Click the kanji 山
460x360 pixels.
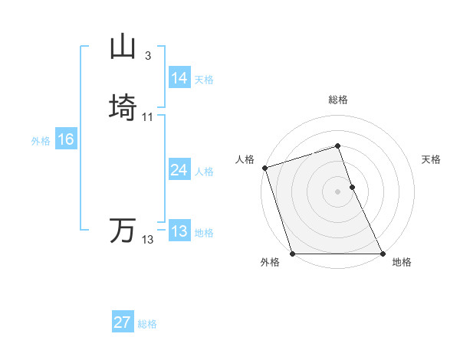[123, 47]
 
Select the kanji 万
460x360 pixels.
[123, 231]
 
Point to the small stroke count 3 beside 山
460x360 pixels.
[147, 56]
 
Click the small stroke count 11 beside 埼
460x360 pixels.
[148, 116]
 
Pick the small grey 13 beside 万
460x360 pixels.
[148, 240]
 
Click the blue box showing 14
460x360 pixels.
[179, 78]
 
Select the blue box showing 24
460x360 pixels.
[179, 170]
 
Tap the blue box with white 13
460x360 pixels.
[179, 231]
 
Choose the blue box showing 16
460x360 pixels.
[66, 139]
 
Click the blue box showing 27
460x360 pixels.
[123, 322]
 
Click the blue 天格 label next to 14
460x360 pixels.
[204, 80]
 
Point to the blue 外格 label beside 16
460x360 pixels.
[41, 141]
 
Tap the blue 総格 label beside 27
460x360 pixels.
[147, 324]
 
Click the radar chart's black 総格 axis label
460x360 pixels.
[338, 100]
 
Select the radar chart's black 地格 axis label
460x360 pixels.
[402, 263]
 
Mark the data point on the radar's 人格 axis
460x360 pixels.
[264, 168]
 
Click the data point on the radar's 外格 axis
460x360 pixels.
[292, 254]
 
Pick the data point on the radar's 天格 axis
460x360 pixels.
[352, 187]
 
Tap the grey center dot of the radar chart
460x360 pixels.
[337, 191]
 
